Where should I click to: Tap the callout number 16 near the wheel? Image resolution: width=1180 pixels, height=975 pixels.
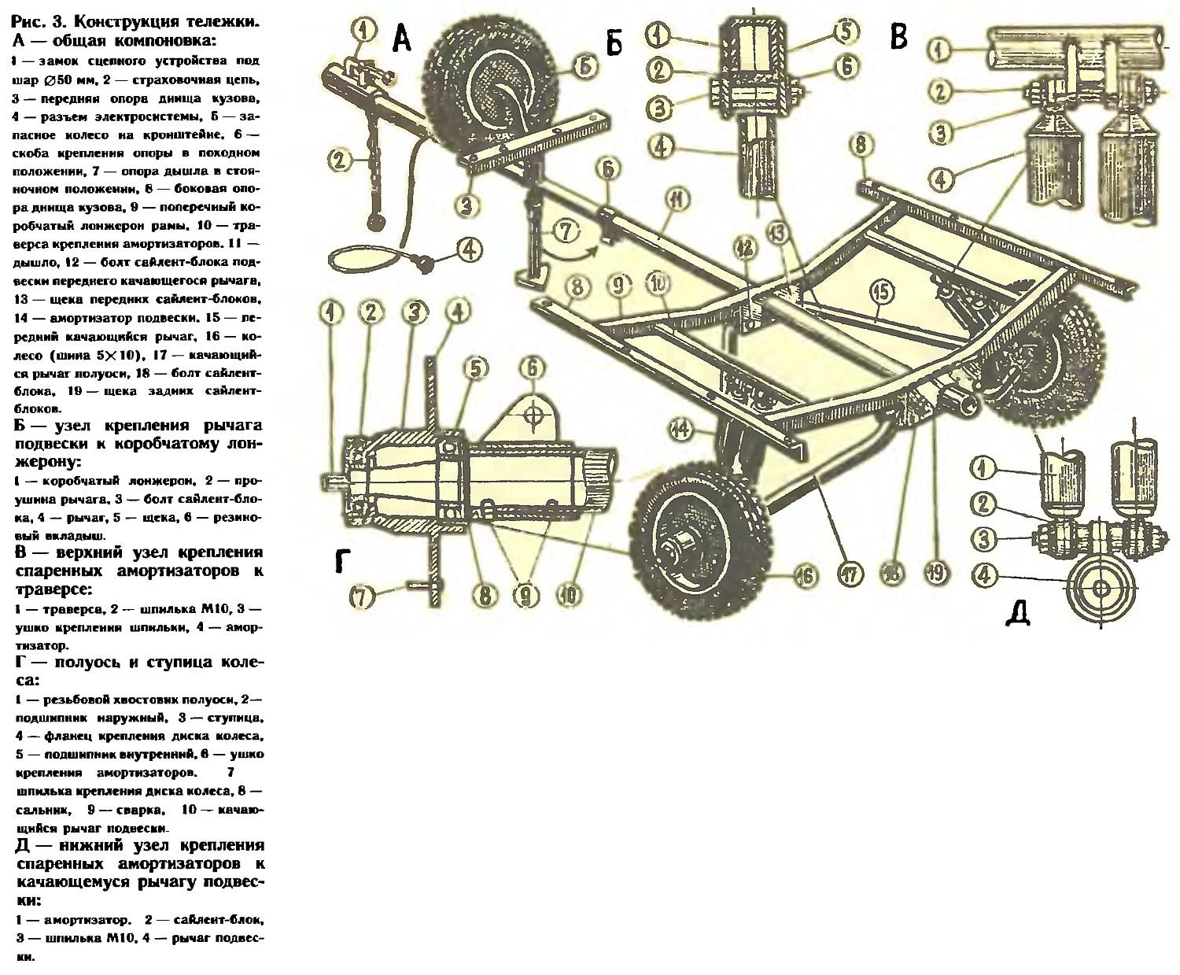click(803, 577)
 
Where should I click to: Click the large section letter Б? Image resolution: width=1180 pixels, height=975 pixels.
click(614, 42)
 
